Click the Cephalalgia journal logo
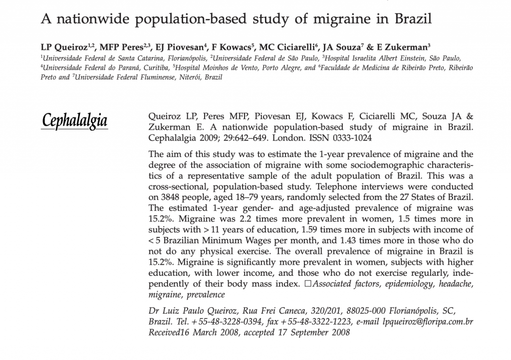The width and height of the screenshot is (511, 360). [x=75, y=121]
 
